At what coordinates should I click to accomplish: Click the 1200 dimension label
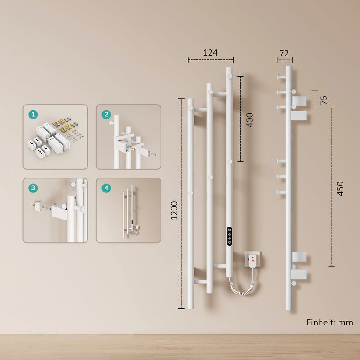(175, 210)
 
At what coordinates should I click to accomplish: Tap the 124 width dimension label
(210, 53)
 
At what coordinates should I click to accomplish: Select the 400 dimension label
(250, 120)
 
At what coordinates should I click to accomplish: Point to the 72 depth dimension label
(284, 53)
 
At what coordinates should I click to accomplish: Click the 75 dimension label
(324, 100)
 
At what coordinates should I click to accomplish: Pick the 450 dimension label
(340, 189)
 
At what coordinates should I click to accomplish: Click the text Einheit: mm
(329, 322)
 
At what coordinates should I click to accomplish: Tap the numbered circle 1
(33, 114)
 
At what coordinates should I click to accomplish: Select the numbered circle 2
(106, 114)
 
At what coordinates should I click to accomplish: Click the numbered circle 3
(33, 188)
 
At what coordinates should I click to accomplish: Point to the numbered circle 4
(106, 188)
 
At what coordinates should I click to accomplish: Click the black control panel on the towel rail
(229, 236)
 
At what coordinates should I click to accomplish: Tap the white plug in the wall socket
(252, 261)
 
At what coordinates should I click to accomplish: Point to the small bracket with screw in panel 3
(38, 206)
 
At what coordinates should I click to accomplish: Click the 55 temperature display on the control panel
(229, 230)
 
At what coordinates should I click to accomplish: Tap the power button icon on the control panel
(229, 242)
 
